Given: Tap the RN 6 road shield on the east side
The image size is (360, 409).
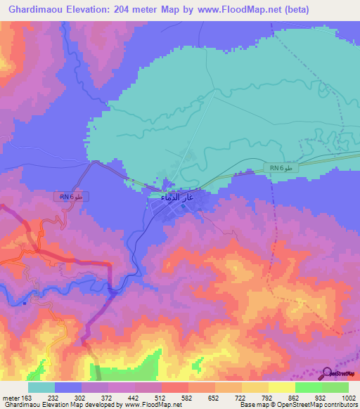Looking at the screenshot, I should pos(283,167).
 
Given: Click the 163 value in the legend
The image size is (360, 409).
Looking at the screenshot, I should pos(27,398).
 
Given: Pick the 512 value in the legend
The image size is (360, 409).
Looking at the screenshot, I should pos(160,398).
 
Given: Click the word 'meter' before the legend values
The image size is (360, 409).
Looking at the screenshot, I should pos(10,398).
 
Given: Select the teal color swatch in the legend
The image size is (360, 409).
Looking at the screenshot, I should pos(41,387).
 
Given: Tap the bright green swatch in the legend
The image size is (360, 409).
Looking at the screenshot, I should pos(308,387).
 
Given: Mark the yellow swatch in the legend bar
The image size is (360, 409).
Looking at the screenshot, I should pos(281,387).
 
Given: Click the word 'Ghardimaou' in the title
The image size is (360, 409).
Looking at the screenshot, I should pos(32,9).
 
